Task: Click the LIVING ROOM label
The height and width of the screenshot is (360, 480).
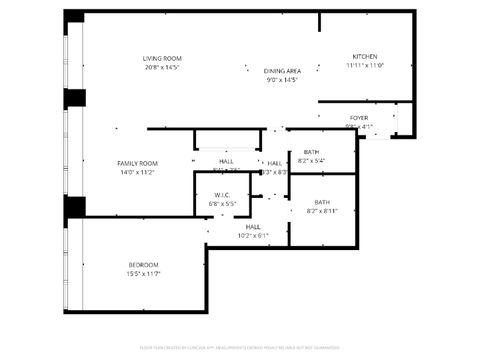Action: tap(161, 58)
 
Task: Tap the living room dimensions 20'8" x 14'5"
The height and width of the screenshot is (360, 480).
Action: tap(161, 67)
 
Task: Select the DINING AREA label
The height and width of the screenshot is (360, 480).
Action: tap(282, 71)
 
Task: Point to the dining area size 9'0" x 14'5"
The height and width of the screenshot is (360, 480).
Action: tap(282, 80)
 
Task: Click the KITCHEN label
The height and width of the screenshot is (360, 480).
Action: tap(365, 56)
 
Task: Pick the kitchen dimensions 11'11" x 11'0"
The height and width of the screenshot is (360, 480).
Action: tap(365, 65)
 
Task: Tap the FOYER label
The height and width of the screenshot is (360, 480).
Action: tap(358, 118)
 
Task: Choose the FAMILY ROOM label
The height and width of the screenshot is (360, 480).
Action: tap(137, 163)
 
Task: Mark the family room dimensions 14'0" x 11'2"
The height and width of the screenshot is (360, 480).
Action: tap(137, 172)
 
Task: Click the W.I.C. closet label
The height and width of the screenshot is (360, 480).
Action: tap(222, 195)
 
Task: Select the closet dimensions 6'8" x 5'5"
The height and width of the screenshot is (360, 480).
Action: tap(222, 204)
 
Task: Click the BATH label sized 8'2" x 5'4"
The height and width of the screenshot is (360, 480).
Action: tap(312, 152)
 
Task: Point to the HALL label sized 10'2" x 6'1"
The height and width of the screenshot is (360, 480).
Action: tap(253, 227)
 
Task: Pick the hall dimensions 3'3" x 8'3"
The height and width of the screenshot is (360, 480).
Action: tap(275, 172)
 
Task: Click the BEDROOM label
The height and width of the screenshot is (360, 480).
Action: tap(142, 264)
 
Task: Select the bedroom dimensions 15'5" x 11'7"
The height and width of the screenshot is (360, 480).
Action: tap(142, 273)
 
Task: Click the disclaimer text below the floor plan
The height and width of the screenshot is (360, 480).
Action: tap(240, 349)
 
